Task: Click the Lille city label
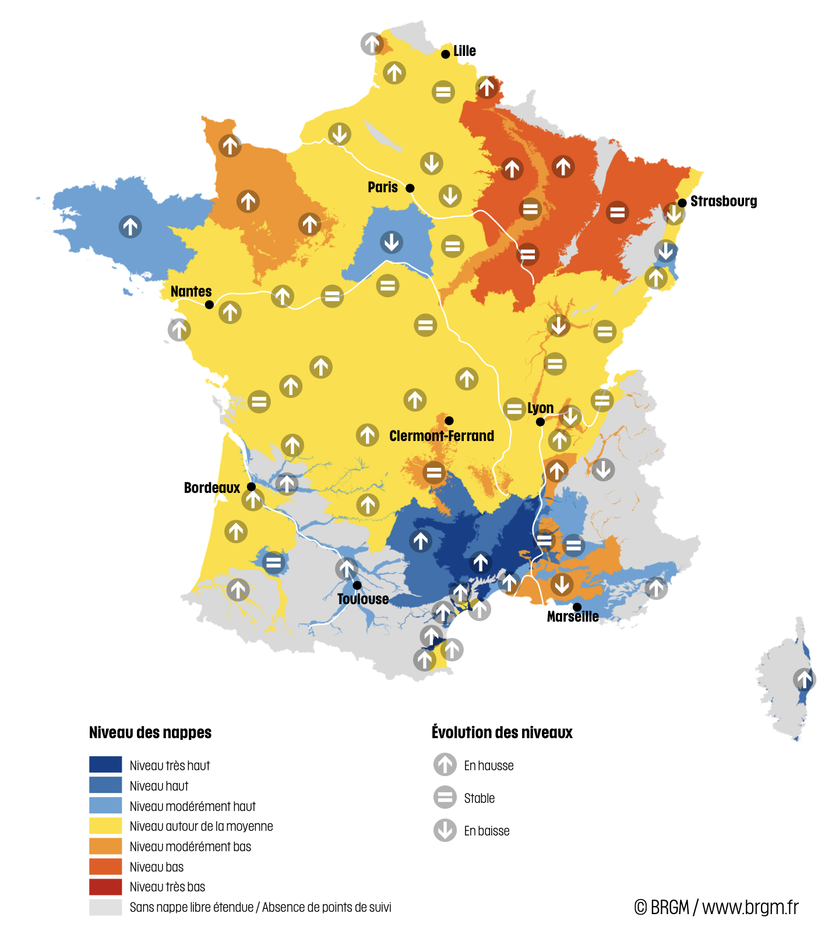click(x=464, y=51)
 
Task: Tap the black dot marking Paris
click(x=410, y=188)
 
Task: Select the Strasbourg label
click(x=723, y=202)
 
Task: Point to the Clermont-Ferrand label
click(x=441, y=436)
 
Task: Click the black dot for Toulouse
click(x=357, y=585)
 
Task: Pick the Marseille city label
click(x=572, y=616)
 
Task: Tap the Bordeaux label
click(x=211, y=488)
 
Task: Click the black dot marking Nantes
click(x=209, y=304)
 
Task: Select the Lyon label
click(x=540, y=408)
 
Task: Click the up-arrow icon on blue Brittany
click(x=130, y=226)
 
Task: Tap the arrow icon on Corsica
click(x=803, y=679)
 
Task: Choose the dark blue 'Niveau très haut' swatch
click(x=105, y=764)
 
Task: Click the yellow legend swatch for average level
click(x=105, y=826)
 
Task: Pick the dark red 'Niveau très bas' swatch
click(x=105, y=886)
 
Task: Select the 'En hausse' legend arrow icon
click(x=445, y=764)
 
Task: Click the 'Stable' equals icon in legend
click(x=445, y=797)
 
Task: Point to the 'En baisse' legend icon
click(x=445, y=830)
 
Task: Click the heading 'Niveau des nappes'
click(x=150, y=732)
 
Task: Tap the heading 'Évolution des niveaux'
click(x=502, y=732)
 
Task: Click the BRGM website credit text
click(x=716, y=907)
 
